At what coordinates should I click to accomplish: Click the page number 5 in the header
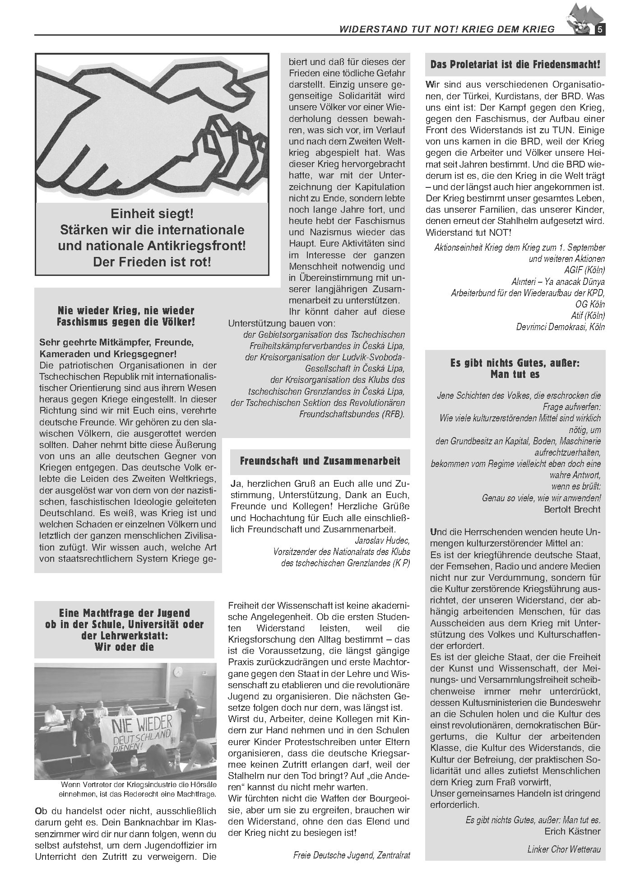(600, 30)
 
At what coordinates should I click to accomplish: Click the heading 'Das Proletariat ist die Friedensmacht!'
(515, 65)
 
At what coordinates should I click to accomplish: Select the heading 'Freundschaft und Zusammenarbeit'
(320, 461)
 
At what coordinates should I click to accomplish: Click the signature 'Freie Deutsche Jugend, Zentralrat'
(352, 855)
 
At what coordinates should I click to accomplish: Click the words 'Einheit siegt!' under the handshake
(152, 213)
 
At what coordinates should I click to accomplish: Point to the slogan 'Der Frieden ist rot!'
(152, 262)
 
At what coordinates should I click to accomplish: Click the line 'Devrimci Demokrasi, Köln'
(561, 327)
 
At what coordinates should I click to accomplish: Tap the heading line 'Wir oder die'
(124, 647)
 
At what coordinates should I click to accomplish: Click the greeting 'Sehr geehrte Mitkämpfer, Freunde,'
(116, 342)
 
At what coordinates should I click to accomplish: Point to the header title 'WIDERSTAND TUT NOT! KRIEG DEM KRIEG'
(447, 29)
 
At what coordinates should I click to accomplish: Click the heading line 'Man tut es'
(515, 374)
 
